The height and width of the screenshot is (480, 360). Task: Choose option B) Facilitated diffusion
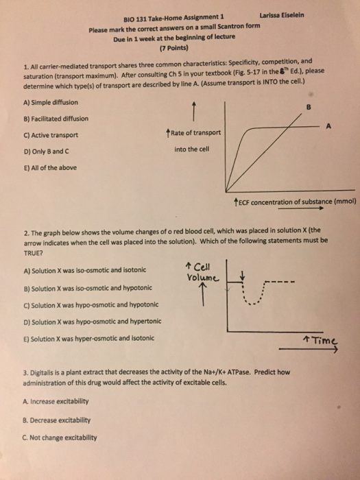(47, 118)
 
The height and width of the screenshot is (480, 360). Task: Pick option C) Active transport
(42, 134)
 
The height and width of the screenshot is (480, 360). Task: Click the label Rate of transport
(195, 132)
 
